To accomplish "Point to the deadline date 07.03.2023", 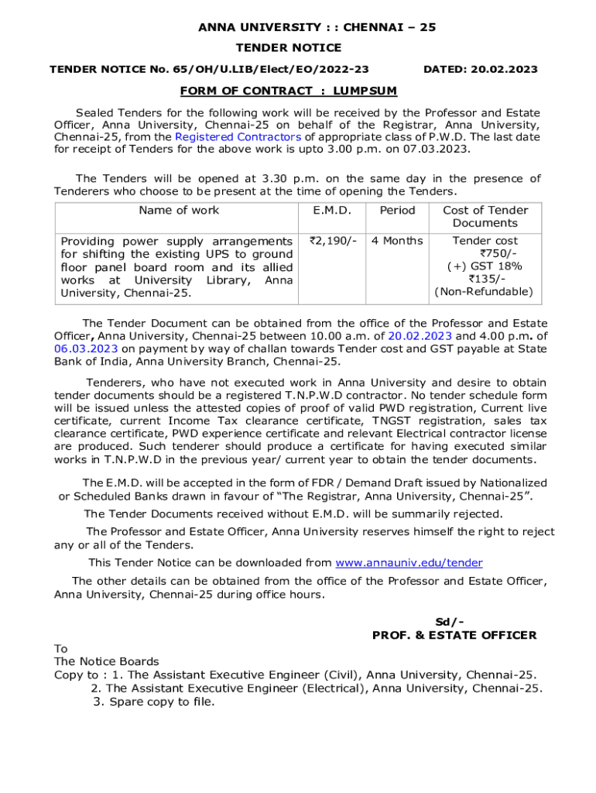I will (439, 149).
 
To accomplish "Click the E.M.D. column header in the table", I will (332, 211).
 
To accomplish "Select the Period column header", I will (397, 211).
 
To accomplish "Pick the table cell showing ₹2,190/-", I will (332, 241).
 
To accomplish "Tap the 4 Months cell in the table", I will (397, 241).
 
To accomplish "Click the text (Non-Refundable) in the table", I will (484, 292).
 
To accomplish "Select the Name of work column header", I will (179, 211).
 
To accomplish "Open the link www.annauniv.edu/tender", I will (409, 563).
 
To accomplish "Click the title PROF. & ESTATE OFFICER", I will (454, 635).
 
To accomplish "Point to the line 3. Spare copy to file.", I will (154, 702).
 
